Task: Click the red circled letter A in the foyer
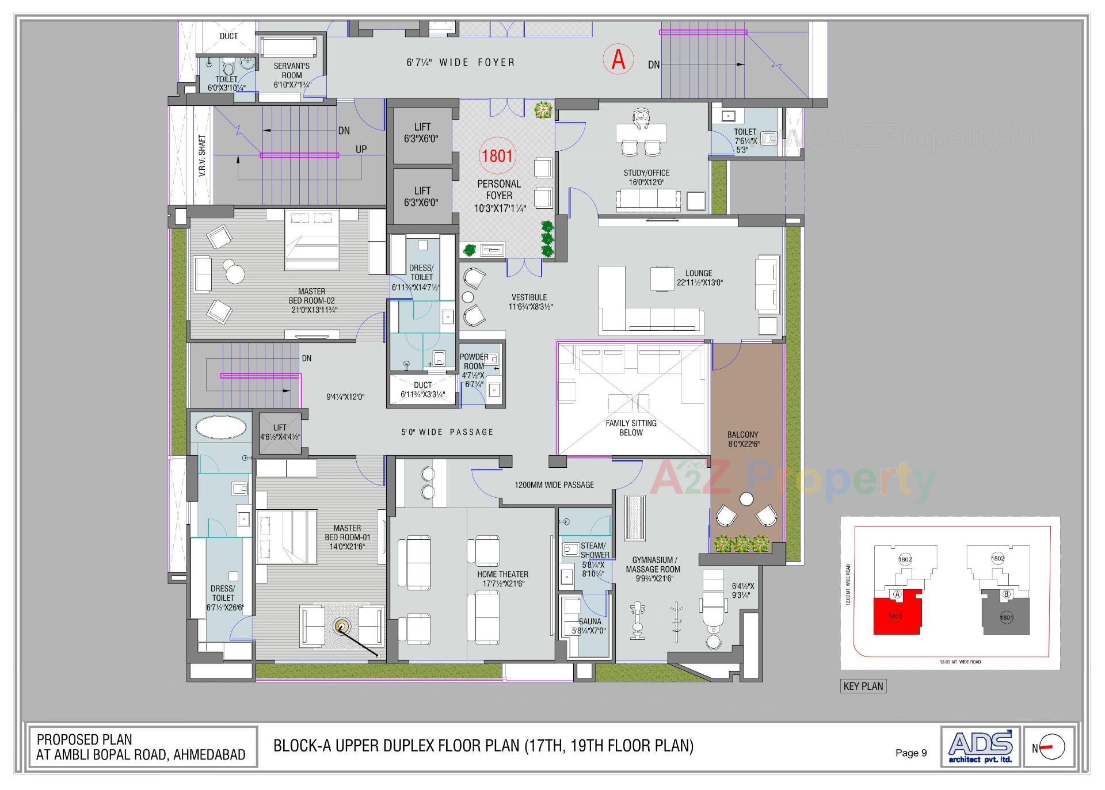click(x=618, y=59)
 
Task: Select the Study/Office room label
click(x=646, y=177)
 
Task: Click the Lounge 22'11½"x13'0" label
click(x=699, y=278)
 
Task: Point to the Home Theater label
click(x=502, y=578)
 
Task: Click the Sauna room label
click(x=590, y=625)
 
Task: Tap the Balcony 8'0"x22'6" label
click(x=743, y=439)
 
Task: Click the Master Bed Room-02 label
click(x=313, y=300)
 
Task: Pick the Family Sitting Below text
click(x=631, y=428)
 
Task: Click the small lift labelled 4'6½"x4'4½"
click(x=280, y=432)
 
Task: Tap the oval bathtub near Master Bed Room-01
click(x=221, y=427)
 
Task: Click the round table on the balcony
click(x=747, y=499)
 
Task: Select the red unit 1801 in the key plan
click(x=895, y=616)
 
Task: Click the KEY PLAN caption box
click(x=863, y=686)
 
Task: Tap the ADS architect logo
click(x=981, y=747)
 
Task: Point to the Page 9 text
click(x=911, y=753)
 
